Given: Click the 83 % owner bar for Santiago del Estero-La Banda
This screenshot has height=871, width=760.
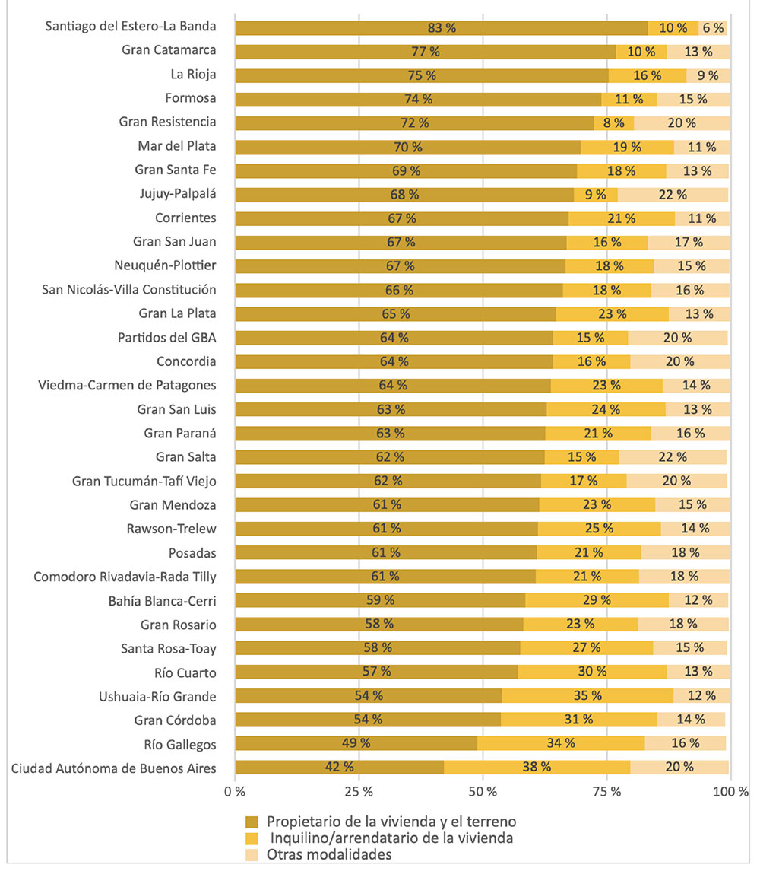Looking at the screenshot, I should click(x=442, y=28).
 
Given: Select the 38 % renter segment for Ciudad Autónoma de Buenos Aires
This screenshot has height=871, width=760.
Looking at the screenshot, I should click(x=537, y=767).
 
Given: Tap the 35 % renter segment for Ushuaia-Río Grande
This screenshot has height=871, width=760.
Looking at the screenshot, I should click(x=587, y=696).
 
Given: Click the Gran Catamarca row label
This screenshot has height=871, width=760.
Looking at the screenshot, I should click(x=169, y=51).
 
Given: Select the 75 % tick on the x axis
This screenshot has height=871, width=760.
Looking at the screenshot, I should click(x=606, y=792).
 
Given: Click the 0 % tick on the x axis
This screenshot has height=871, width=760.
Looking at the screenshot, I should click(x=235, y=792).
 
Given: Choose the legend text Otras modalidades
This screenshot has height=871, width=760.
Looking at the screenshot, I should click(x=329, y=854).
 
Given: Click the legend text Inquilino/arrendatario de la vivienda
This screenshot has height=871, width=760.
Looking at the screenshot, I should click(x=390, y=838).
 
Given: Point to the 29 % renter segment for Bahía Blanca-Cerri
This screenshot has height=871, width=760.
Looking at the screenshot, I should click(x=597, y=601).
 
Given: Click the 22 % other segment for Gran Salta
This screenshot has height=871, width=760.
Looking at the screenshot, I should click(x=673, y=457).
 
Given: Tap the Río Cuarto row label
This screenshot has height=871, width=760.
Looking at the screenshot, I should click(x=185, y=672).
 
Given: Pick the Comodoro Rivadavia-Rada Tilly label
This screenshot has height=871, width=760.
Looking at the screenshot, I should click(x=125, y=577).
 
